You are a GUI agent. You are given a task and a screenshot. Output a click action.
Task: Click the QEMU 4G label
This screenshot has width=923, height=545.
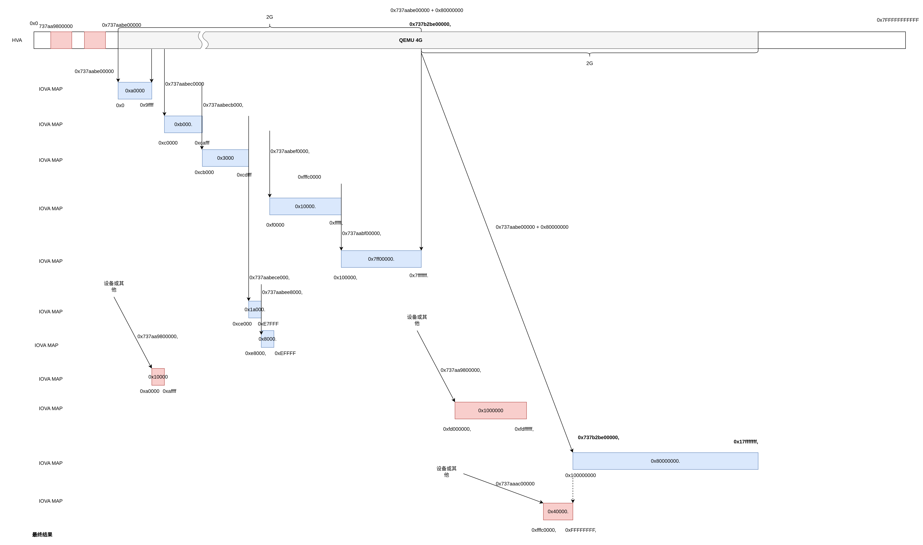[410, 40]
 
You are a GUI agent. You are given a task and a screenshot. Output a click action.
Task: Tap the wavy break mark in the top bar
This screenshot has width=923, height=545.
[203, 40]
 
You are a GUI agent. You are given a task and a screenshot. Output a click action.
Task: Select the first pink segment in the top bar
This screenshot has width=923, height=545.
[61, 40]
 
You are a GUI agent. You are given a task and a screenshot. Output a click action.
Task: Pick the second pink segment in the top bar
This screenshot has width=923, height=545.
[95, 40]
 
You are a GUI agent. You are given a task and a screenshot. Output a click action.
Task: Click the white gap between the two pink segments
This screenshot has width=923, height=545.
[78, 40]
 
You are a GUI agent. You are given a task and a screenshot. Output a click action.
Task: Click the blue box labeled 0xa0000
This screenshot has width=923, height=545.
[135, 91]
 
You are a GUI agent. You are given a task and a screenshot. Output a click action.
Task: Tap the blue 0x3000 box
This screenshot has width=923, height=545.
[225, 158]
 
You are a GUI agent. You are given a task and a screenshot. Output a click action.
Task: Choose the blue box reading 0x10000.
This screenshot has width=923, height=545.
[305, 206]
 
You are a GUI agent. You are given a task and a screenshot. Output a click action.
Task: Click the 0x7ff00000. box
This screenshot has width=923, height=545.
[381, 259]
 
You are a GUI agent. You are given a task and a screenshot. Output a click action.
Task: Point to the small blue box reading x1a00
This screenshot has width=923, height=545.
[255, 310]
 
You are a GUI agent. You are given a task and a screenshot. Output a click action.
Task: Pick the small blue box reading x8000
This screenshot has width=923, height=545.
[267, 339]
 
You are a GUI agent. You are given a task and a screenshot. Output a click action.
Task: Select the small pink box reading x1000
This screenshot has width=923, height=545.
[158, 377]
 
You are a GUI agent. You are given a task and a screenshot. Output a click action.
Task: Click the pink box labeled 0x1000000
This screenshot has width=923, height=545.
[491, 411]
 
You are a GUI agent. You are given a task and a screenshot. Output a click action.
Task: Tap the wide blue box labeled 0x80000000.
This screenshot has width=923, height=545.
[665, 461]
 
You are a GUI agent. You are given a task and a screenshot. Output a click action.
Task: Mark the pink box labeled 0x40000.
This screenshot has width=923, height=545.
[558, 512]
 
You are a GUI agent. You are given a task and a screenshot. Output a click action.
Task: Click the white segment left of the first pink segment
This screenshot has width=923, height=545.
[42, 40]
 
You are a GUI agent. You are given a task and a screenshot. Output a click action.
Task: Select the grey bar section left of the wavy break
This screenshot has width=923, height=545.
[158, 40]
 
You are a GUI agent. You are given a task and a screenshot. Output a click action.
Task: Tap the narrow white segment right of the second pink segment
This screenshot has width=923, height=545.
[112, 40]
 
